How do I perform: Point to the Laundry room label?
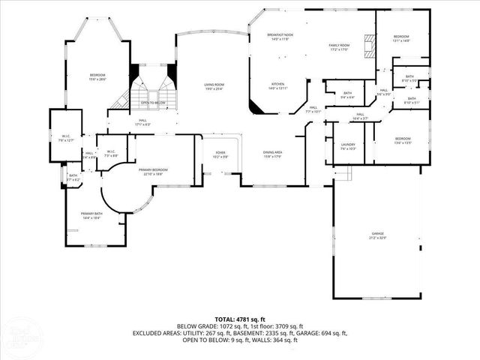pyautogui.click(x=348, y=145)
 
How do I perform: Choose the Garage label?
pyautogui.click(x=376, y=235)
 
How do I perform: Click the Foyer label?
pyautogui.click(x=220, y=154)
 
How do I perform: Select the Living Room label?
pyautogui.click(x=214, y=86)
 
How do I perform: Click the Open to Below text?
pyautogui.click(x=153, y=103)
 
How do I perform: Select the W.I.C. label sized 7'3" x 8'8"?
pyautogui.click(x=110, y=154)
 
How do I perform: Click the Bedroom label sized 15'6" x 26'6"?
pyautogui.click(x=97, y=76)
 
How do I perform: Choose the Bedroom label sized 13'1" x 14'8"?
pyautogui.click(x=402, y=38)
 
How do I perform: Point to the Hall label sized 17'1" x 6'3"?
pyautogui.click(x=142, y=122)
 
